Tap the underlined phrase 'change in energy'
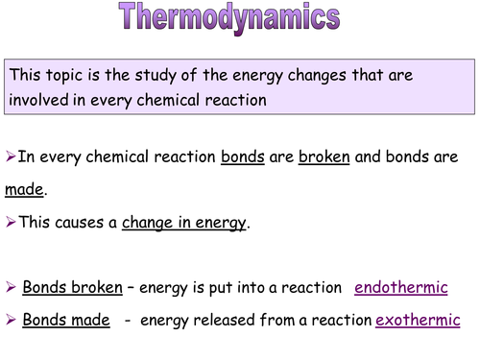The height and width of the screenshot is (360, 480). pyautogui.click(x=184, y=223)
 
